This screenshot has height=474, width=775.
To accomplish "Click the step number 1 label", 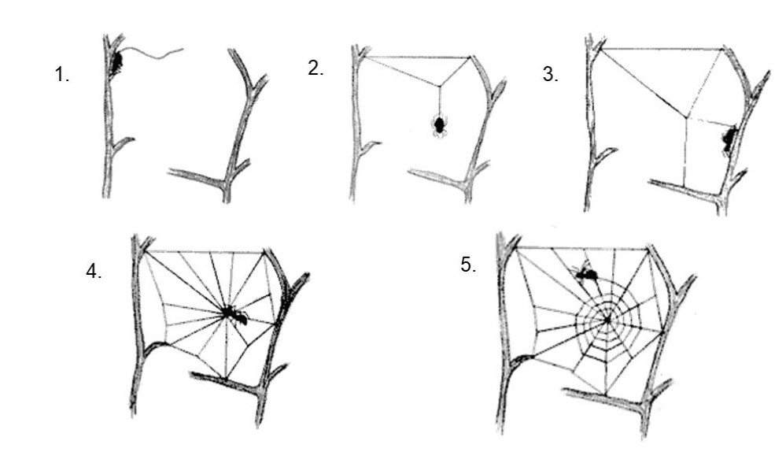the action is (61, 76).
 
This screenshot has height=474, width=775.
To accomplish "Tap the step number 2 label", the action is (316, 69).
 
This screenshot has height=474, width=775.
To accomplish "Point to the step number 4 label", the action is (94, 272).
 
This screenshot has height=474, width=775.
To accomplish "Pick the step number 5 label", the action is (468, 265).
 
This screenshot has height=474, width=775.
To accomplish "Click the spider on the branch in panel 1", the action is (116, 61).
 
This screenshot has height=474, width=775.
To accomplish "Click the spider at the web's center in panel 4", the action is (234, 315).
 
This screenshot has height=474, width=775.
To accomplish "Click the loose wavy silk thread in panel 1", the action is (157, 53).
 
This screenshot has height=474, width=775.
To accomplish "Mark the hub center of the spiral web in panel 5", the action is (607, 318).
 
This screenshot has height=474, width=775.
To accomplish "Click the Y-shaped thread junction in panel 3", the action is (687, 119).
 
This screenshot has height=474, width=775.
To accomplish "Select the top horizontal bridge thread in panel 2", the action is (417, 56).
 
